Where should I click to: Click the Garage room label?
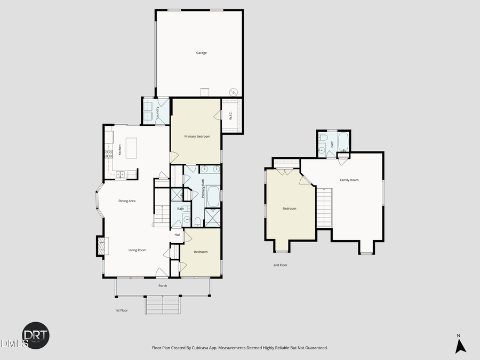[201, 53]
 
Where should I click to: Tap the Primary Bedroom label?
[197, 137]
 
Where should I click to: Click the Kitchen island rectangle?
[131, 146]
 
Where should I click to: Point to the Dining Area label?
[127, 201]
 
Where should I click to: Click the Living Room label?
[137, 250]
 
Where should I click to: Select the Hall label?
[177, 235]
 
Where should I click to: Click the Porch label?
[163, 285]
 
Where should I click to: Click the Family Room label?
[349, 180]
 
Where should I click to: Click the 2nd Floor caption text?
[280, 265]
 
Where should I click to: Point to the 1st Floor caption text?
[121, 310]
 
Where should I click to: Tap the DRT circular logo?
[35, 335]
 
